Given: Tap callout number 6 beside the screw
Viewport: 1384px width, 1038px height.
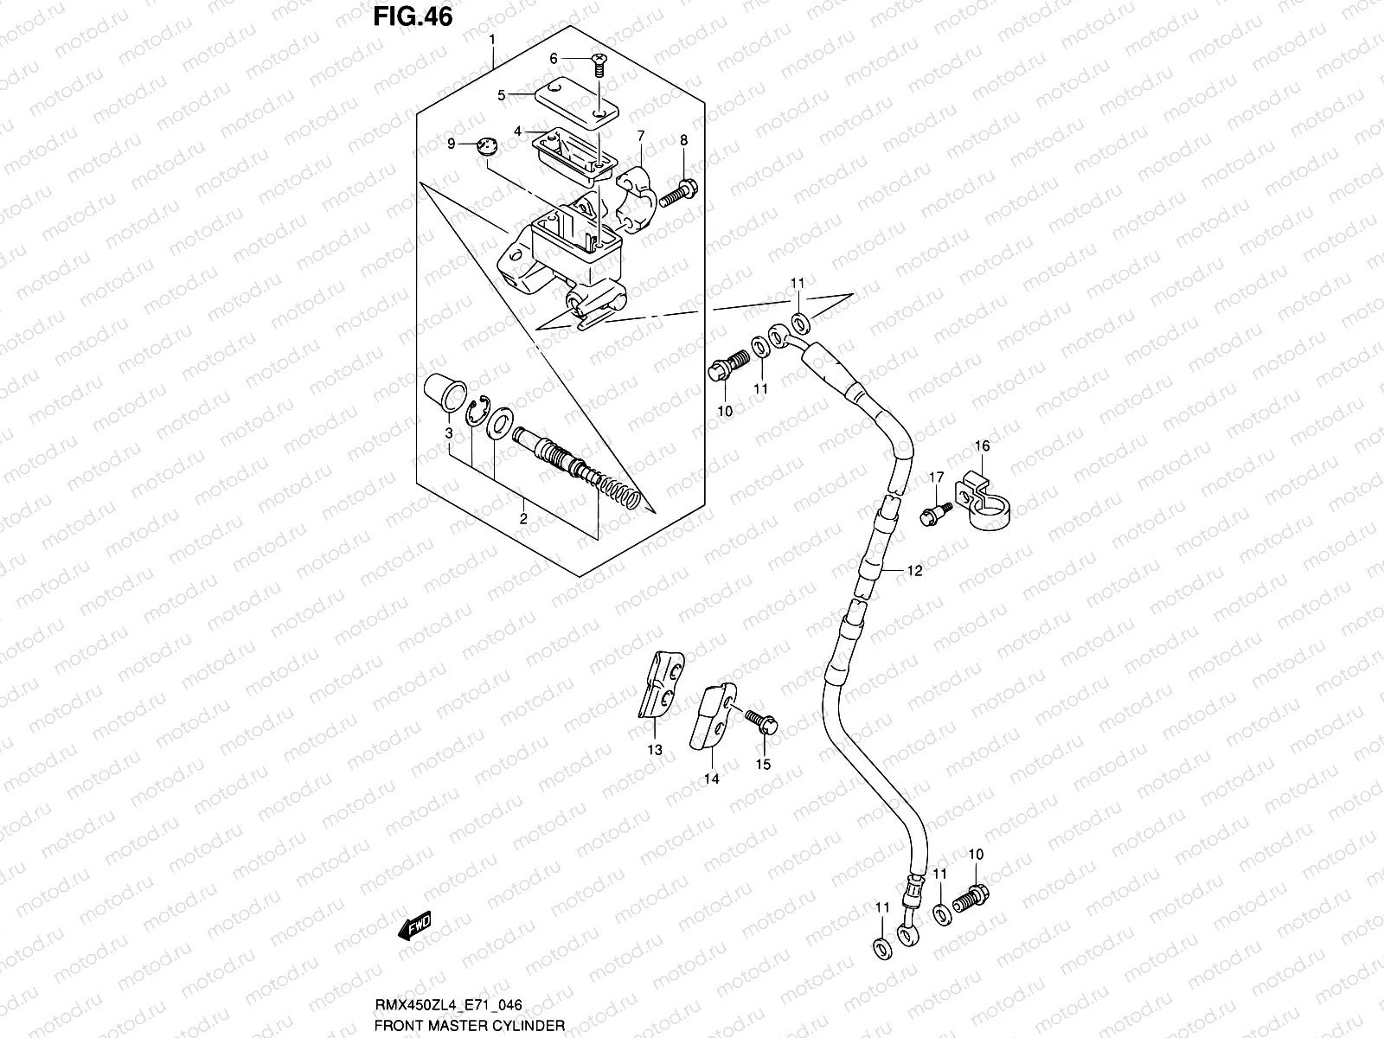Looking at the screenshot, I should point(554,59).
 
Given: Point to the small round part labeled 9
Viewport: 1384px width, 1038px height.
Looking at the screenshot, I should point(490,146).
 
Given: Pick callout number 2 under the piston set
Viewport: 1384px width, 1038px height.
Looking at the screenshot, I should point(523,519).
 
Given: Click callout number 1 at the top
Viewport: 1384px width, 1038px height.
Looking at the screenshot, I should point(491,40).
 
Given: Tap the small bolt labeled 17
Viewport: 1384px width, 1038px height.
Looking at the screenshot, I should point(934,512).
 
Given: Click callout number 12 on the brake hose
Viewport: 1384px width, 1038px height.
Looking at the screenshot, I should point(915,571).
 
